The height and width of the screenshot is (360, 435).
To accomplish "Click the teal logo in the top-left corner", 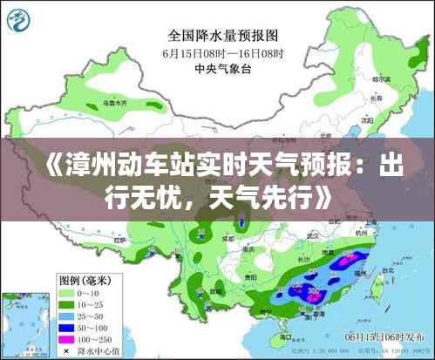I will (19, 19).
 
